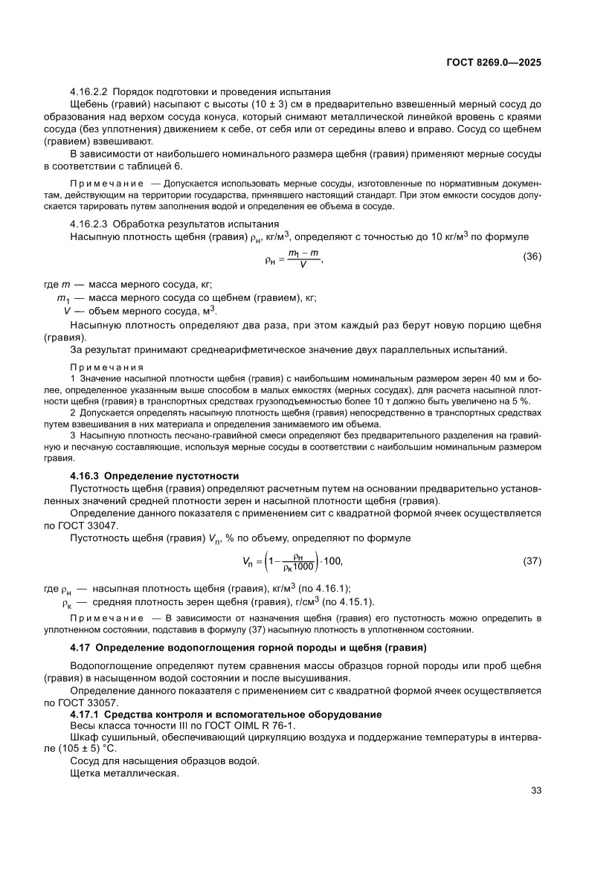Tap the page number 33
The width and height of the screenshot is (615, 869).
[x=535, y=790]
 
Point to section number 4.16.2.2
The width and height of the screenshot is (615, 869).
[x=89, y=91]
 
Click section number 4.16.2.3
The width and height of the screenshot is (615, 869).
[x=89, y=224]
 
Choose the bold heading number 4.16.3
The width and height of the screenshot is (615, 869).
[x=84, y=475]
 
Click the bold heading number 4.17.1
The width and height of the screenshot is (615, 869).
[x=84, y=714]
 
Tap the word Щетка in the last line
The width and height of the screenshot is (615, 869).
[x=85, y=773]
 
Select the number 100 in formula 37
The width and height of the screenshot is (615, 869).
[x=333, y=559]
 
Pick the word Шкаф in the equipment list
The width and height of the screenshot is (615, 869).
[x=83, y=738]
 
